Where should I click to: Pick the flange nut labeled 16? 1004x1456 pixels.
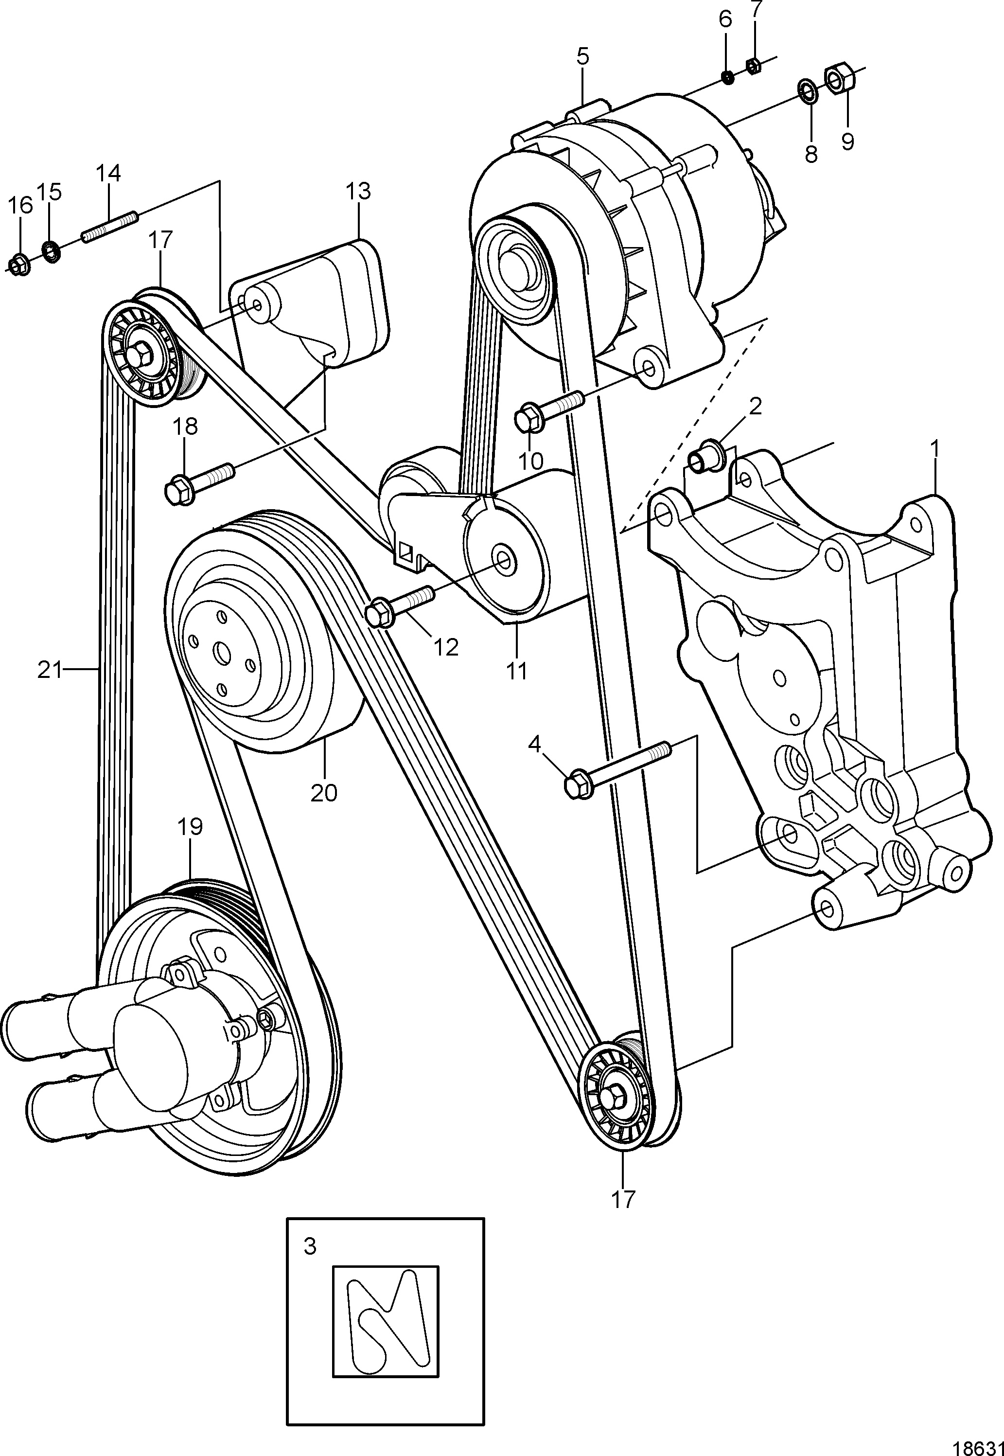19,266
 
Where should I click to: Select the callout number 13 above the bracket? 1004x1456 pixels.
358,191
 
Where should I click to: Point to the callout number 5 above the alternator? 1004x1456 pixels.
582,56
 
